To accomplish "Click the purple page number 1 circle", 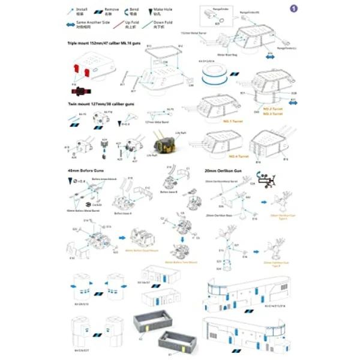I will pyautogui.click(x=293, y=8).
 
